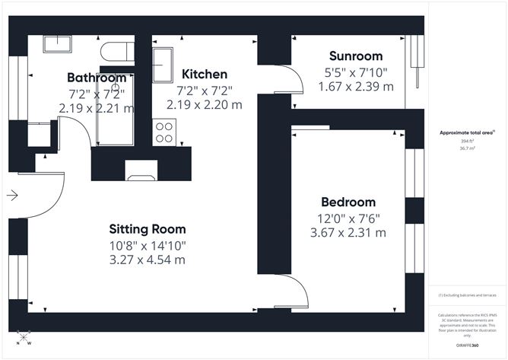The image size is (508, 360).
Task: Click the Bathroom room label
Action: pyautogui.click(x=96, y=78)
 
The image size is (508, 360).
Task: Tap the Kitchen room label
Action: pyautogui.click(x=205, y=75)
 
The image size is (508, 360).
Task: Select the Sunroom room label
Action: pyautogui.click(x=355, y=56)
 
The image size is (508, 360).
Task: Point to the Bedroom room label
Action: pyautogui.click(x=348, y=202)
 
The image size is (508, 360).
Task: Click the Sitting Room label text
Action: pyautogui.click(x=147, y=228)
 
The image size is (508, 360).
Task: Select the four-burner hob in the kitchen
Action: pyautogui.click(x=164, y=132)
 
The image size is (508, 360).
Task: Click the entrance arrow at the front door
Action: pyautogui.click(x=12, y=196)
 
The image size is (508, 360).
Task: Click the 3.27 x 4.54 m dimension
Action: pyautogui.click(x=147, y=260)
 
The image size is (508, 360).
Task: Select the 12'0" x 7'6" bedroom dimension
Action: pyautogui.click(x=348, y=218)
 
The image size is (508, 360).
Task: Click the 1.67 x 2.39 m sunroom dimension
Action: pyautogui.click(x=355, y=87)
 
